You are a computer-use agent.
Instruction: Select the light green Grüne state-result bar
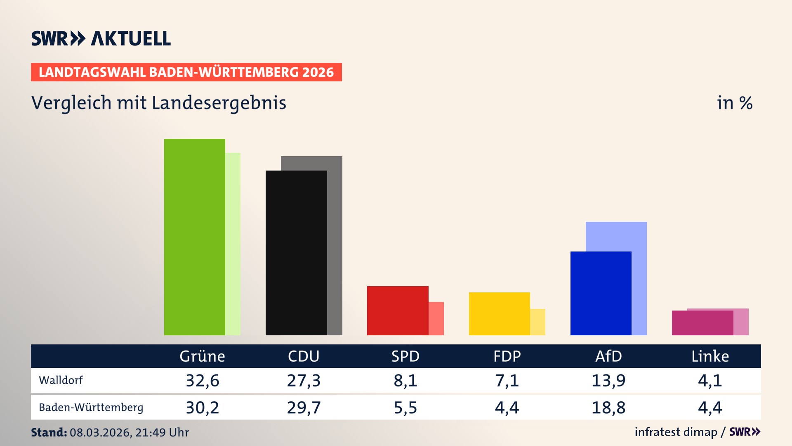tap(233, 244)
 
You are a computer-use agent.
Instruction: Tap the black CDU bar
tap(296, 253)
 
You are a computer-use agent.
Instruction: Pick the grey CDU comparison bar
tap(335, 246)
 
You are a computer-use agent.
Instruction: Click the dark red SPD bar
tap(398, 311)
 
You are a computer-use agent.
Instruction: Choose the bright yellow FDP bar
tap(499, 313)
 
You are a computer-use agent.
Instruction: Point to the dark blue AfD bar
tap(601, 293)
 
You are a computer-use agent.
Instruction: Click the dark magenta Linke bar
tap(702, 323)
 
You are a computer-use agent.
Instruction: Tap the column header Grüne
tap(202, 356)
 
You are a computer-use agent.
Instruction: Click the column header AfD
tap(608, 356)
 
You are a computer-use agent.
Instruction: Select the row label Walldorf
tap(61, 380)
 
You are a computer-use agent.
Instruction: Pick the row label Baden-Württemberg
tap(91, 408)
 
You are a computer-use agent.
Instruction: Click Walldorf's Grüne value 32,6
tap(202, 380)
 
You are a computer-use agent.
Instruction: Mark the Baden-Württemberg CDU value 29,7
tap(304, 408)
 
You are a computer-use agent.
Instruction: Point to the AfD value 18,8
tap(608, 408)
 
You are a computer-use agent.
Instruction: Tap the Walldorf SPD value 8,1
tap(405, 380)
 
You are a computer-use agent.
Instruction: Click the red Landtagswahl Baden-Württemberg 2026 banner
tap(186, 72)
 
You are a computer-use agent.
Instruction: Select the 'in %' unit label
tap(734, 103)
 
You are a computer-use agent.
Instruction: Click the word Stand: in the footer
tap(49, 432)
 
